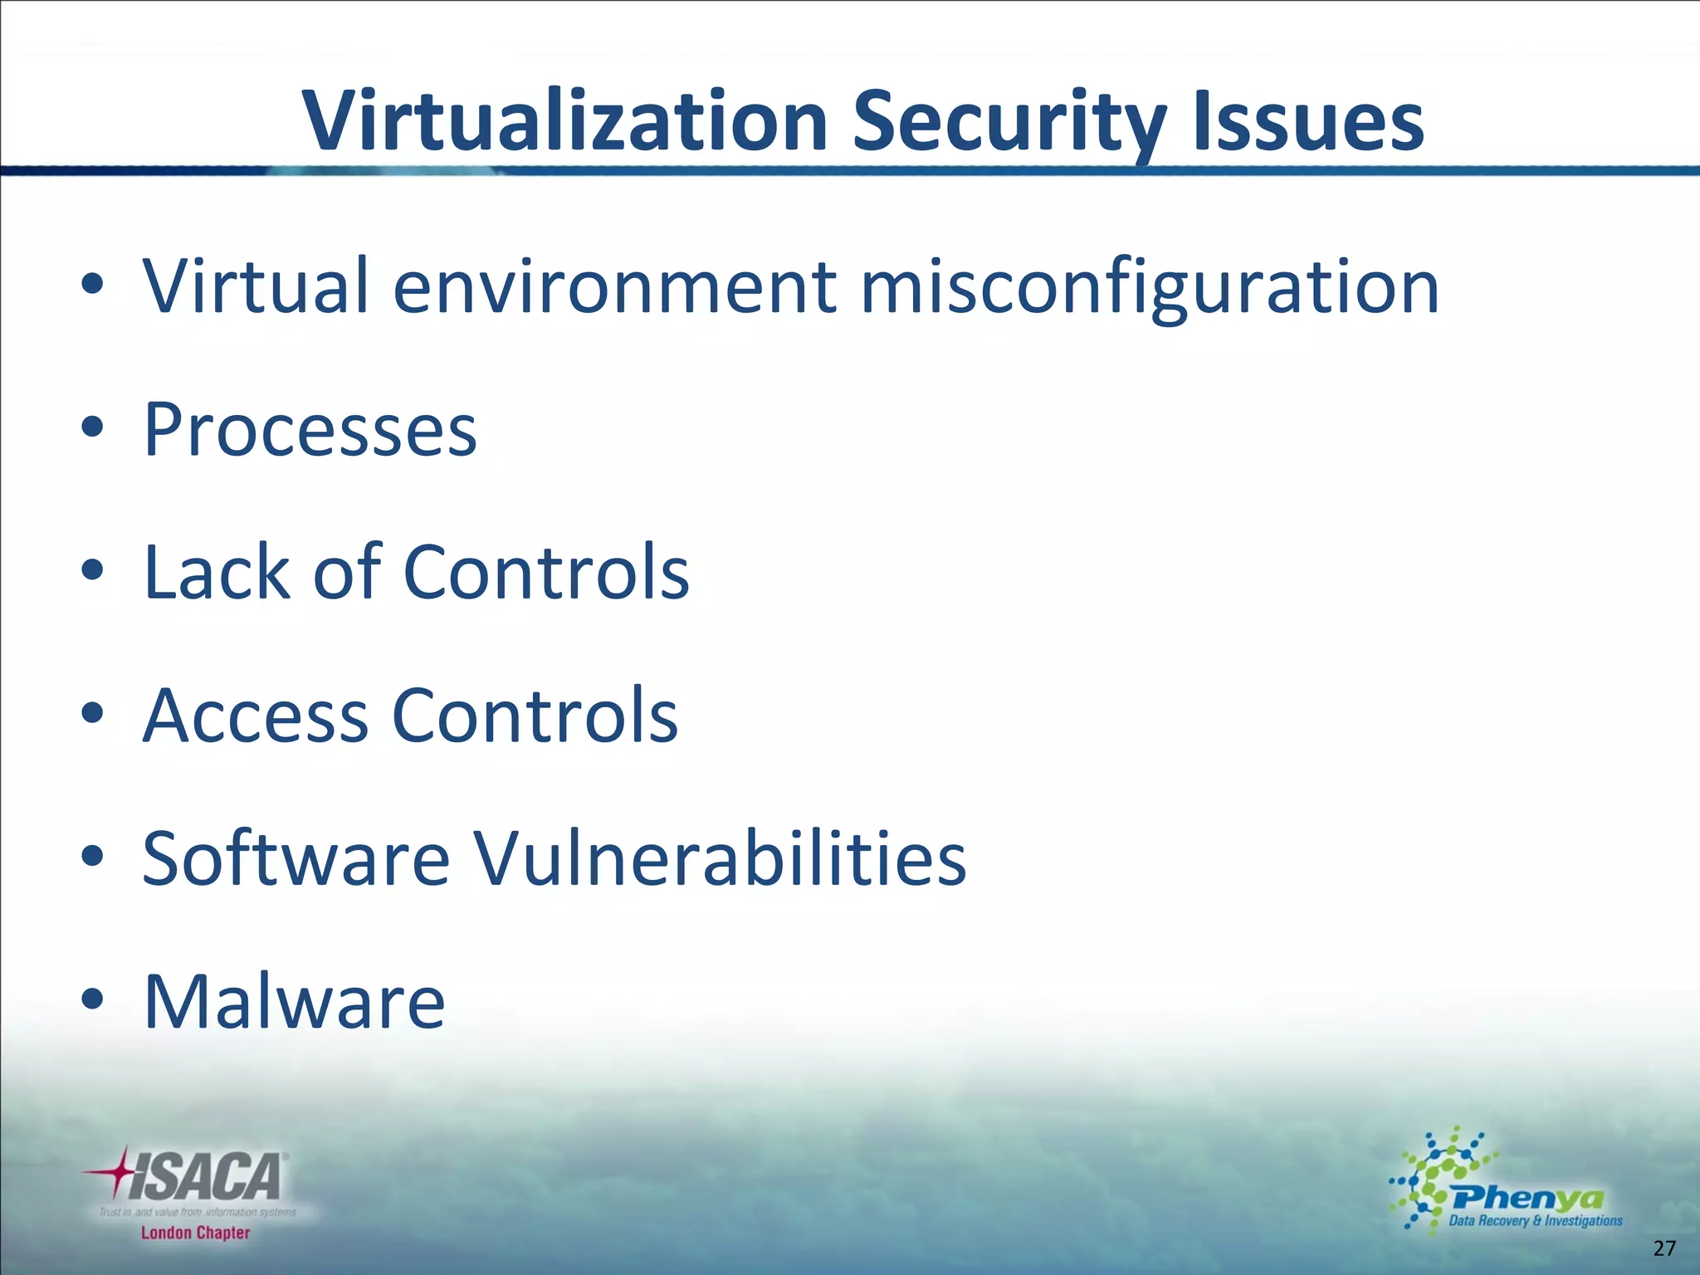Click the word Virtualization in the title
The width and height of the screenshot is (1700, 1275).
pos(564,122)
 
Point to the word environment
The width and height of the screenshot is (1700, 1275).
pos(614,286)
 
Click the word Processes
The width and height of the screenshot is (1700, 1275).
pos(310,430)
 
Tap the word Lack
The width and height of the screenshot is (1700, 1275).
pos(217,572)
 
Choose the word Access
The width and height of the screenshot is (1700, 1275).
pos(255,716)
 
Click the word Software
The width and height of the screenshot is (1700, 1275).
pos(296,858)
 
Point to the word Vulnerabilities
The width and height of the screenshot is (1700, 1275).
pos(720,858)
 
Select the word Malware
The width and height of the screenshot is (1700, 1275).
pos(294,1001)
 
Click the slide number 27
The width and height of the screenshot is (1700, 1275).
pos(1664,1248)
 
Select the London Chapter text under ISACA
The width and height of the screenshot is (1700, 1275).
pos(195,1233)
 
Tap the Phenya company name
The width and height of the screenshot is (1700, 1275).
pos(1527,1198)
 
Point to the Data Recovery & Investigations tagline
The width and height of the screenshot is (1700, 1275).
pos(1535,1220)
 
